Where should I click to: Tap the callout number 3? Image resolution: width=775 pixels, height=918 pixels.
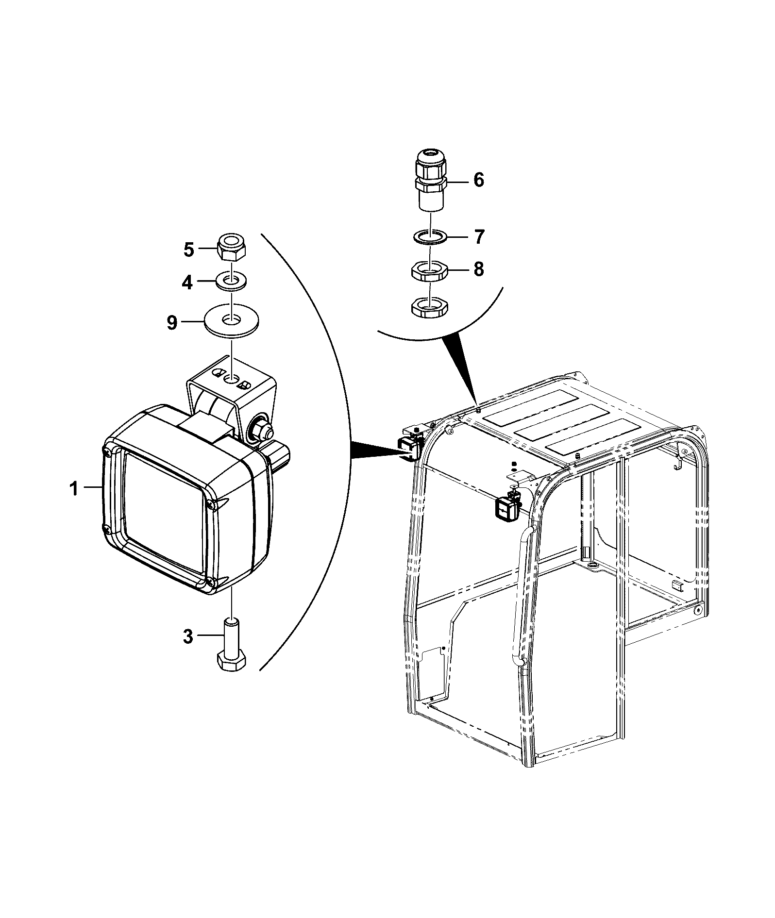click(188, 636)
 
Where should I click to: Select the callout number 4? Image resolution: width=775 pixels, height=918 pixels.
click(187, 282)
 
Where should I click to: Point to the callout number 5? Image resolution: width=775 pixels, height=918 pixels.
click(188, 250)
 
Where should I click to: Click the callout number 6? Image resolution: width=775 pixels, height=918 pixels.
click(479, 180)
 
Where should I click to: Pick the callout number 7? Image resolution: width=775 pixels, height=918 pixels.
click(479, 237)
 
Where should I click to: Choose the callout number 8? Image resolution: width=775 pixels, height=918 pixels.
click(479, 268)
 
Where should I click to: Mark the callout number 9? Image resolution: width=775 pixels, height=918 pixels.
click(172, 322)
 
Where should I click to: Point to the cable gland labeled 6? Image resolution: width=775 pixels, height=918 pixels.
click(430, 181)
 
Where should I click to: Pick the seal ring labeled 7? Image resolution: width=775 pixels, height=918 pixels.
click(430, 237)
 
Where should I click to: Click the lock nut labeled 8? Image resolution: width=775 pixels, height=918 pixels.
click(430, 271)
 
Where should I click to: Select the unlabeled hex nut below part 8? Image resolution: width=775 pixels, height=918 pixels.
click(430, 308)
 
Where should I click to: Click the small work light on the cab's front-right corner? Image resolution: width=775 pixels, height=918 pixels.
click(506, 505)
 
